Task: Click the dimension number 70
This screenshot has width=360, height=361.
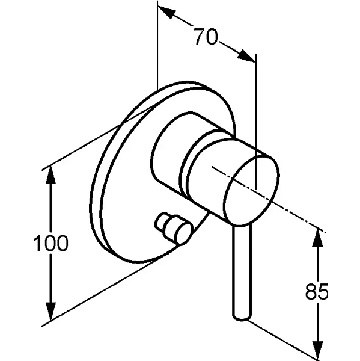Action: [206, 36]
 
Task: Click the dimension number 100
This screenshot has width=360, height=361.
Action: [51, 243]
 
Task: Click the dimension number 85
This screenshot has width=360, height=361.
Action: [317, 291]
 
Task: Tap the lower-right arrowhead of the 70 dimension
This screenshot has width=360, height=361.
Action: [246, 56]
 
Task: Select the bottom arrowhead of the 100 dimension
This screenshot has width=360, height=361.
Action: [51, 311]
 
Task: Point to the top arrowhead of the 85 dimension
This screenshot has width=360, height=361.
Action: [318, 238]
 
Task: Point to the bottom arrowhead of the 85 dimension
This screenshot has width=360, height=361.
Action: [318, 350]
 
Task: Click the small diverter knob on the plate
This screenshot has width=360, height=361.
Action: [174, 228]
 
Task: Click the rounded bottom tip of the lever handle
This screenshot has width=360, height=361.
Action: [242, 318]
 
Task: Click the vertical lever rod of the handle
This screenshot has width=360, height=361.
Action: [242, 272]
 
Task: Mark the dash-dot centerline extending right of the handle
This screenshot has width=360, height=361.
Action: [269, 199]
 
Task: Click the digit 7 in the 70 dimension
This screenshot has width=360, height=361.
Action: [199, 36]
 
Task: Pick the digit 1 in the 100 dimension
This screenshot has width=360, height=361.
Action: [37, 243]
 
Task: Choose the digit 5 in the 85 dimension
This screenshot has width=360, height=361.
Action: [323, 291]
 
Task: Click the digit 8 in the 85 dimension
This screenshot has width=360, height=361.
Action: [311, 291]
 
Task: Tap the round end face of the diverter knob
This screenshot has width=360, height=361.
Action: [183, 234]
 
